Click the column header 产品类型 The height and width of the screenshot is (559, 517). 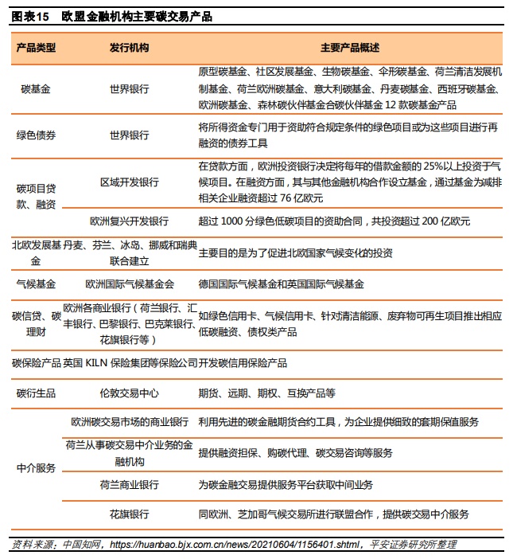(x=36, y=48)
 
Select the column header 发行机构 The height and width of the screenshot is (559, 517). (x=129, y=48)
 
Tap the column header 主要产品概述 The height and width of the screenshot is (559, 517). (x=349, y=48)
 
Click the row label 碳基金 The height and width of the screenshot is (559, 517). (x=36, y=89)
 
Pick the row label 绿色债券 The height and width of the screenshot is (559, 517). (x=36, y=135)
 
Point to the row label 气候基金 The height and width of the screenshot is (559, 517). (x=36, y=284)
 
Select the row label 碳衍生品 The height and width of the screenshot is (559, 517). (x=36, y=393)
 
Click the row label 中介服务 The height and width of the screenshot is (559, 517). (x=36, y=468)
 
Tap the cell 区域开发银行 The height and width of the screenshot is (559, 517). (x=129, y=182)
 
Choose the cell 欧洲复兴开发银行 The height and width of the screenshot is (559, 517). (x=129, y=221)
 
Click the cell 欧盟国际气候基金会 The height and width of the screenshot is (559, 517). (x=129, y=284)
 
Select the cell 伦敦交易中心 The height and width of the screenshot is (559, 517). (x=129, y=393)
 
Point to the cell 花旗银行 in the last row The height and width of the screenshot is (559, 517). (x=129, y=514)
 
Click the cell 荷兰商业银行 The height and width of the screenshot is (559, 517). (x=129, y=484)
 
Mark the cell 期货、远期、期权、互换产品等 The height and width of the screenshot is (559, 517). (x=266, y=393)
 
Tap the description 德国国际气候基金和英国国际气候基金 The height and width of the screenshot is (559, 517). (x=281, y=284)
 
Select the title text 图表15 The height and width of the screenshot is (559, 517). (x=30, y=16)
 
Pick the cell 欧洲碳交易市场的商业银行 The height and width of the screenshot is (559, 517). (x=129, y=422)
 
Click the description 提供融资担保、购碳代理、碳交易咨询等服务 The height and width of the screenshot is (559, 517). (x=295, y=453)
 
